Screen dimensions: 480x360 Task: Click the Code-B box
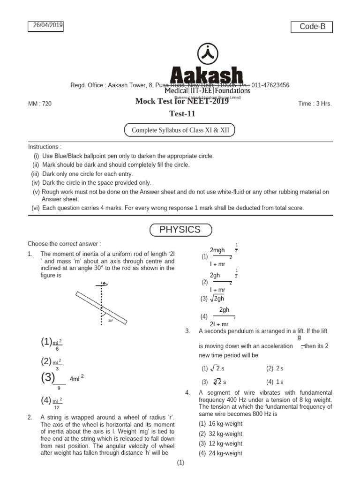point(312,27)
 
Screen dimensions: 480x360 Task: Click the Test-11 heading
point(182,113)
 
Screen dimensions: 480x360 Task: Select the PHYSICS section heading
point(180,230)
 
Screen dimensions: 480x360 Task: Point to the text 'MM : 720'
point(40,104)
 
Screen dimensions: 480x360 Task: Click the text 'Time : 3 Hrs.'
point(315,104)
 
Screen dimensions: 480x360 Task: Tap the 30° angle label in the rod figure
point(111,321)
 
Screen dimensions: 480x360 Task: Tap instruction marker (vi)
point(36,208)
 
